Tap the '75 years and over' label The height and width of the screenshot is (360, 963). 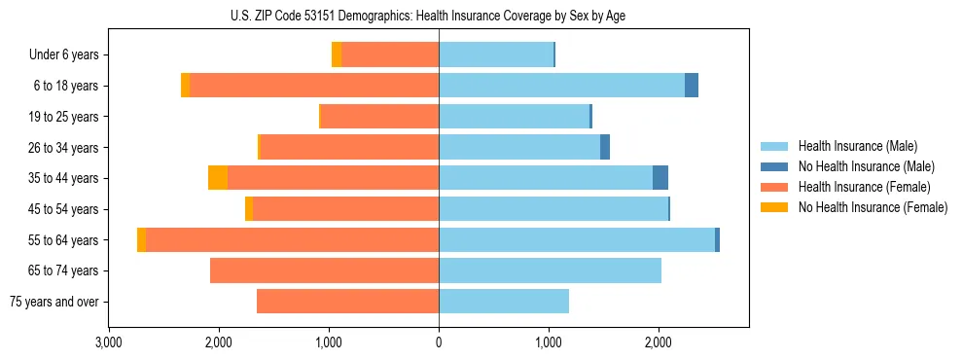click(54, 302)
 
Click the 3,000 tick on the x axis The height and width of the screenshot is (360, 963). click(109, 342)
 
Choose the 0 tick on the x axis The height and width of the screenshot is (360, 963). click(439, 342)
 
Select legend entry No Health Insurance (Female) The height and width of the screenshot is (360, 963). click(872, 207)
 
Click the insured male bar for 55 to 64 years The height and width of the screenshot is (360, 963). click(577, 240)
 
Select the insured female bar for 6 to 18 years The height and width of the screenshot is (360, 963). click(314, 86)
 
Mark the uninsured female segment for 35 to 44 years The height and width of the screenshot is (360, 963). click(218, 178)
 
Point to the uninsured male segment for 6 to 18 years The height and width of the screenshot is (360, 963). click(692, 86)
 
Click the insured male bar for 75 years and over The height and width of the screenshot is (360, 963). click(504, 302)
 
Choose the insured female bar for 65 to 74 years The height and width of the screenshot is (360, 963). click(324, 270)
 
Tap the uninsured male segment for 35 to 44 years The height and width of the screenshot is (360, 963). click(660, 178)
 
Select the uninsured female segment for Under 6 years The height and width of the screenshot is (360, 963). click(337, 55)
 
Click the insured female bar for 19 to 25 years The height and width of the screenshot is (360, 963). click(379, 117)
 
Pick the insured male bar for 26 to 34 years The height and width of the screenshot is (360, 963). click(519, 147)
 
